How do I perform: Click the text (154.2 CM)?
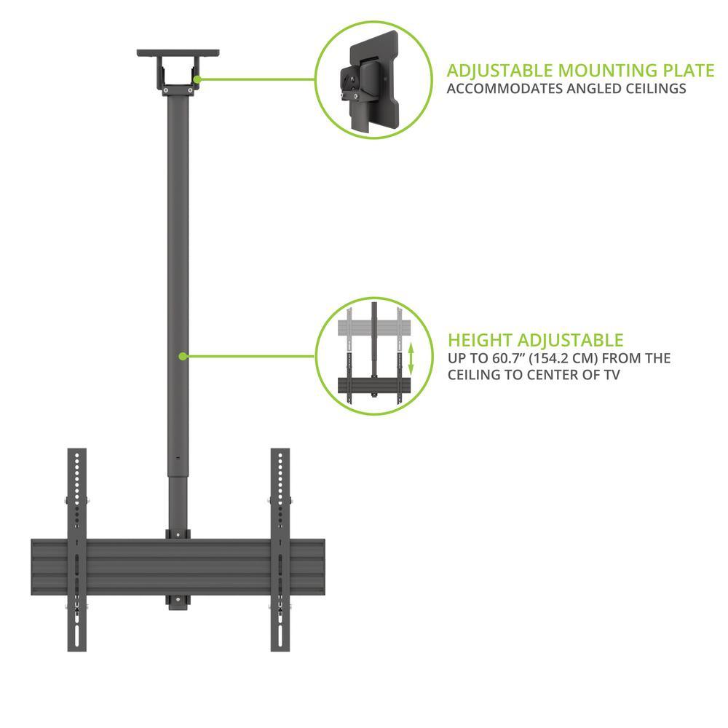pos(563,358)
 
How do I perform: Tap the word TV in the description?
pos(612,375)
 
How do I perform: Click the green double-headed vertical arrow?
pos(411,359)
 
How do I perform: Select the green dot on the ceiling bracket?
pos(197,79)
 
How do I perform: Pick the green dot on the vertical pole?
pos(183,356)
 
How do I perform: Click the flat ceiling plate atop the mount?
pos(178,53)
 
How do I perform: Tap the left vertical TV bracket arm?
pos(76,550)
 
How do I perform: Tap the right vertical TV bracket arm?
pos(280,550)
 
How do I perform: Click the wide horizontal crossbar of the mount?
pos(178,567)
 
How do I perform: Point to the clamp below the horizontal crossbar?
pos(178,603)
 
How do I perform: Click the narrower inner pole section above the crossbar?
pos(178,502)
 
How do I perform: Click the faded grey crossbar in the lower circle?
pos(373,328)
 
